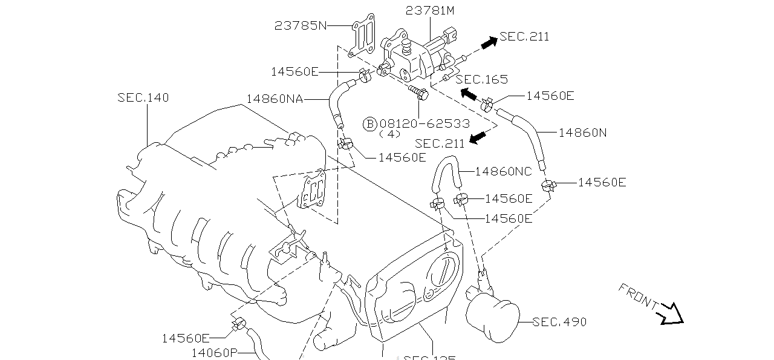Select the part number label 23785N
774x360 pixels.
tap(300, 25)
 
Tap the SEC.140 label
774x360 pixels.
tap(143, 97)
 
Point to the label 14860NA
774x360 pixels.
tap(275, 99)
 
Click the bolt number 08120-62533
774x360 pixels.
tap(424, 123)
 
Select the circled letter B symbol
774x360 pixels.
tap(369, 123)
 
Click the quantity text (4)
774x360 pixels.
tap(393, 134)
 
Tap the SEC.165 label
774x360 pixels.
tap(481, 79)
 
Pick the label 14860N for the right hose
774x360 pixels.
tap(582, 132)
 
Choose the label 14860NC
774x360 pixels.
tap(503, 171)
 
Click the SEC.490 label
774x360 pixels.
tap(559, 322)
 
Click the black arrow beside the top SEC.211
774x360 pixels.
tap(489, 42)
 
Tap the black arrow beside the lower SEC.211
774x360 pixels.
tap(478, 138)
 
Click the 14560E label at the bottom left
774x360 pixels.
tap(186, 338)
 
